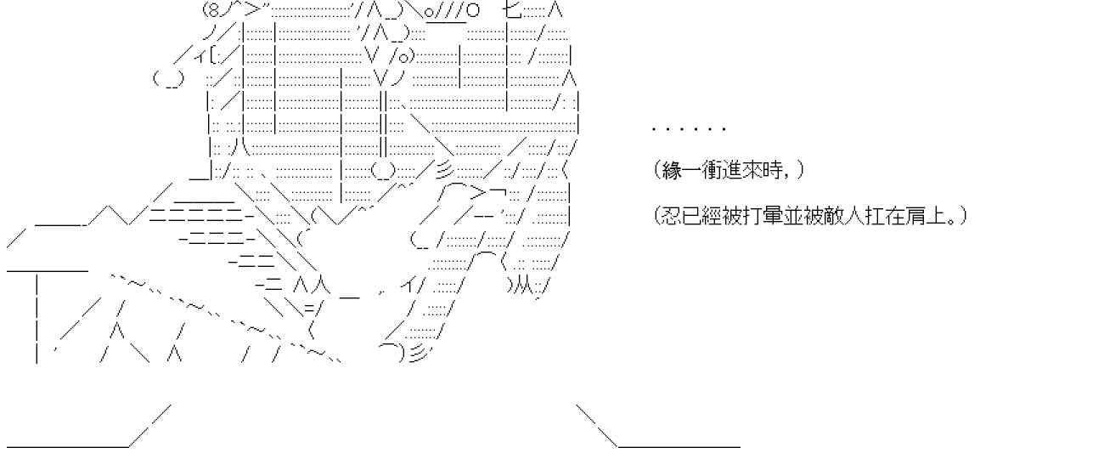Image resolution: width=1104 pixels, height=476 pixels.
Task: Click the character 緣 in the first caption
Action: coord(672,170)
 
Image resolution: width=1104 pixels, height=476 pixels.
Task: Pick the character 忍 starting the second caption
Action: coord(672,215)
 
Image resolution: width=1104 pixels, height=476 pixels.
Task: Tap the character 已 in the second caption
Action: coord(690,215)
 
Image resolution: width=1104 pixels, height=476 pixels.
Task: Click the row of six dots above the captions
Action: coord(689,129)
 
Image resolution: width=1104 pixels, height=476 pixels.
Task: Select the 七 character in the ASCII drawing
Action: coord(511,11)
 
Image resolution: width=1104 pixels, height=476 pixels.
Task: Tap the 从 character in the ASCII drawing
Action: coord(521,286)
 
